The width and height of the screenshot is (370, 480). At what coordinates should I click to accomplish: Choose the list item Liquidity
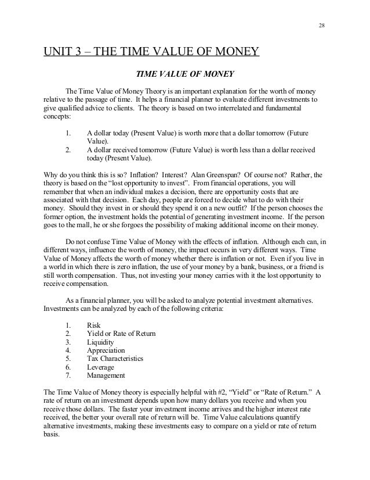click(100, 342)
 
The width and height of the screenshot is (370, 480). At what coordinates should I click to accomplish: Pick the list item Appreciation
click(106, 350)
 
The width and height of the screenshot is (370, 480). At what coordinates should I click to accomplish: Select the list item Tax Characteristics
click(115, 359)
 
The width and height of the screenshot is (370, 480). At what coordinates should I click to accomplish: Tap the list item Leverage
click(100, 367)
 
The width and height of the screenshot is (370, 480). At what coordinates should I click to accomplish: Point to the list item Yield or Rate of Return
click(121, 333)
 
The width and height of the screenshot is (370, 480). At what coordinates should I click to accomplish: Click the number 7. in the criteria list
click(68, 376)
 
